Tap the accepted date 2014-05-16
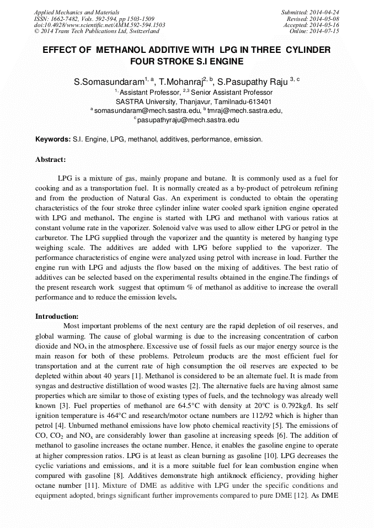tap(323, 25)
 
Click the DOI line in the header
tap(99, 25)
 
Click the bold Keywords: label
tap(53, 140)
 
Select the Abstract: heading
tap(51, 160)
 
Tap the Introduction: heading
tap(57, 317)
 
